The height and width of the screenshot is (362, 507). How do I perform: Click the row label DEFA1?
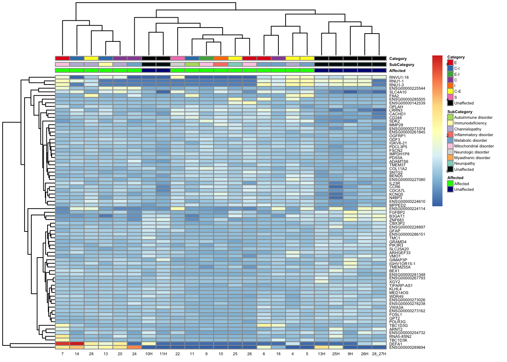[396, 344]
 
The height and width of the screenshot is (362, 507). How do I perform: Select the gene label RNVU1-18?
[399, 78]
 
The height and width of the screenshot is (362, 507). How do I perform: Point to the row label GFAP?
[395, 231]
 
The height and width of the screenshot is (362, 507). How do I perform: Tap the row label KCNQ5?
[396, 194]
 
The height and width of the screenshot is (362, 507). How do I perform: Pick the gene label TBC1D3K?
[398, 340]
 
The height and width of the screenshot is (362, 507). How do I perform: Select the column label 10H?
[149, 354]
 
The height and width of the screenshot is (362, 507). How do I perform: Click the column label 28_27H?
[379, 354]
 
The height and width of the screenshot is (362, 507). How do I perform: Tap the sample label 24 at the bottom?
[134, 354]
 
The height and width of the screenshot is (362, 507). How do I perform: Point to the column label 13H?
[321, 354]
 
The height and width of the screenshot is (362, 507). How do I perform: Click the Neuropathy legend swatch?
[450, 163]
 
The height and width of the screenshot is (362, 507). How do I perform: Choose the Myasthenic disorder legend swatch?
[450, 158]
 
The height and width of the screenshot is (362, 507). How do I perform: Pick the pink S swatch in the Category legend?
[450, 97]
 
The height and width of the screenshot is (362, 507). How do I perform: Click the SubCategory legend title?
[460, 112]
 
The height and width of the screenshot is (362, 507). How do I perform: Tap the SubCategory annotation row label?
[402, 64]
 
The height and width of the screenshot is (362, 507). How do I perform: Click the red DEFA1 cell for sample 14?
[77, 344]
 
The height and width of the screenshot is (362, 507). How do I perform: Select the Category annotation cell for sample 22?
[178, 58]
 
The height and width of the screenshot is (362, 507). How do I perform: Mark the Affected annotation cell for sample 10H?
[149, 71]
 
